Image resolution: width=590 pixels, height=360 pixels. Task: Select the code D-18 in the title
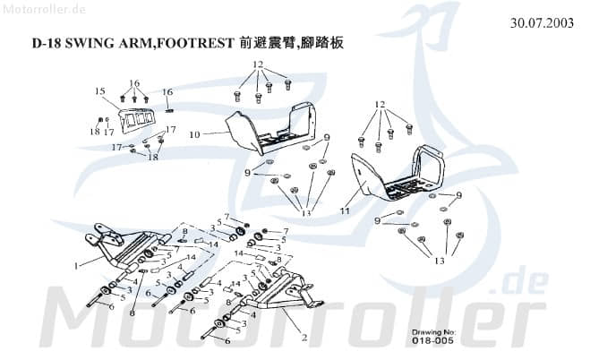tap(45, 44)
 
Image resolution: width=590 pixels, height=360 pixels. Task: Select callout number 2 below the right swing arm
tap(305, 339)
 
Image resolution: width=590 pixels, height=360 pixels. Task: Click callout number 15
tap(100, 91)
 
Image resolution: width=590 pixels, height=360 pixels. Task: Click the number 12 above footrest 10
tap(258, 64)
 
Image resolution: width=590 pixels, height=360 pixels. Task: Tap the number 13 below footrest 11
tap(438, 261)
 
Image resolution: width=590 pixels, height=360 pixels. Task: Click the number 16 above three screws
tap(134, 82)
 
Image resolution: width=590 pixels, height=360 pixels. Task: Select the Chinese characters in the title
tap(292, 44)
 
